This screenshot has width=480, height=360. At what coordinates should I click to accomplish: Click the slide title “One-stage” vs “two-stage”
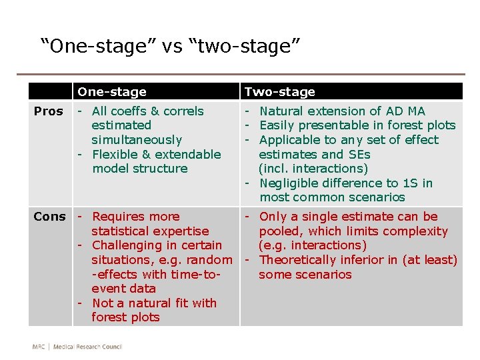pos(171,46)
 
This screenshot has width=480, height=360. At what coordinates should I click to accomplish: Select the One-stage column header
pos(111,92)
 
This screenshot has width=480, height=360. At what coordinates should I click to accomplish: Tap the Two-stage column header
pos(279,92)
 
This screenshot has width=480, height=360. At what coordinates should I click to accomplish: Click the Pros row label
pos(49,111)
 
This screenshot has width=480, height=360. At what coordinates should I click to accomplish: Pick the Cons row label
pos(50,217)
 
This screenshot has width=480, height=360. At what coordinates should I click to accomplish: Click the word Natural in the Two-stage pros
pos(281,111)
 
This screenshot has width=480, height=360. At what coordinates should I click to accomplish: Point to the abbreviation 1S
pos(410,183)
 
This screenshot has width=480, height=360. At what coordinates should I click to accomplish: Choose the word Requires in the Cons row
pos(117,217)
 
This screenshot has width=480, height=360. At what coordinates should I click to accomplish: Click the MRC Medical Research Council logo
pos(77,346)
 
